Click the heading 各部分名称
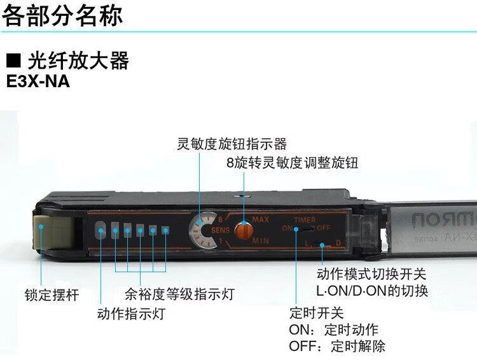click(62, 15)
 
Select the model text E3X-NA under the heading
click(38, 81)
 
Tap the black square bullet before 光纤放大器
click(13, 60)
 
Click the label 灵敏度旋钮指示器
click(232, 144)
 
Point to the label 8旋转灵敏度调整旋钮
click(292, 163)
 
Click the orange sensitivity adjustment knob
click(244, 230)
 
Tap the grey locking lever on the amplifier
click(53, 232)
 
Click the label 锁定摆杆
click(52, 295)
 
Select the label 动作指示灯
click(131, 314)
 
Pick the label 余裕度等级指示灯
click(179, 294)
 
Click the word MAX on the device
click(261, 219)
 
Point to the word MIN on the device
click(261, 241)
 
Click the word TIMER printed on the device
click(305, 219)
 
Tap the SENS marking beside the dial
click(220, 230)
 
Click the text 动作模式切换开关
click(371, 274)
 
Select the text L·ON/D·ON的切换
click(372, 291)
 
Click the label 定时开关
click(316, 313)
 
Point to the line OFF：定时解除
click(337, 346)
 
